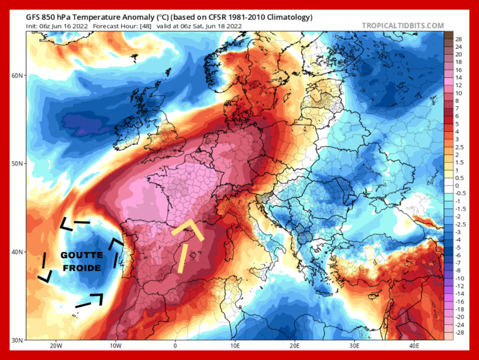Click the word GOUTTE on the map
click(x=81, y=255)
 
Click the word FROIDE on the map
click(x=81, y=268)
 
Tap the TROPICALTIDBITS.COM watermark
click(x=403, y=26)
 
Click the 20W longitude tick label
click(x=56, y=347)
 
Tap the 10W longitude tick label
click(x=116, y=347)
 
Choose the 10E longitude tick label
click(x=235, y=347)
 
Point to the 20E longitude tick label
click(x=294, y=347)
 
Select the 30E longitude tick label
click(x=354, y=347)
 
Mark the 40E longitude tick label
click(x=414, y=347)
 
